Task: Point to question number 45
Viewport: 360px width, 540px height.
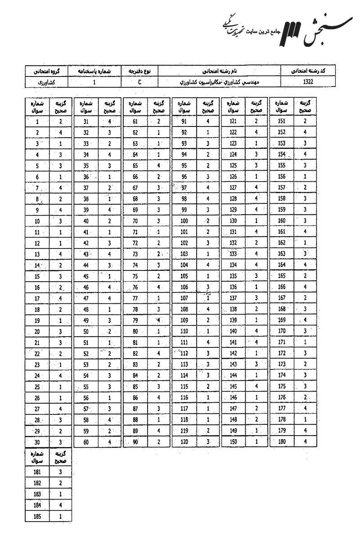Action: (86, 276)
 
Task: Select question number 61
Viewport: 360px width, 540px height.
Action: (135, 121)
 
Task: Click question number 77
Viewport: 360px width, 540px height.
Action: (135, 298)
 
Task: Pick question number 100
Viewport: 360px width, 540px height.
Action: (184, 220)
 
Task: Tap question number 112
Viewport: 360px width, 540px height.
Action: (184, 353)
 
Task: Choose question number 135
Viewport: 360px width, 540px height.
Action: (233, 276)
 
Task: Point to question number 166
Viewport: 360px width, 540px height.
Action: (282, 287)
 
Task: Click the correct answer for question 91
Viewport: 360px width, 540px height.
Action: (208, 121)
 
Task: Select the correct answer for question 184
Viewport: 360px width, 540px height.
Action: (61, 506)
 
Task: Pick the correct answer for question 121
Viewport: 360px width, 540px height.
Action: (256, 121)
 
